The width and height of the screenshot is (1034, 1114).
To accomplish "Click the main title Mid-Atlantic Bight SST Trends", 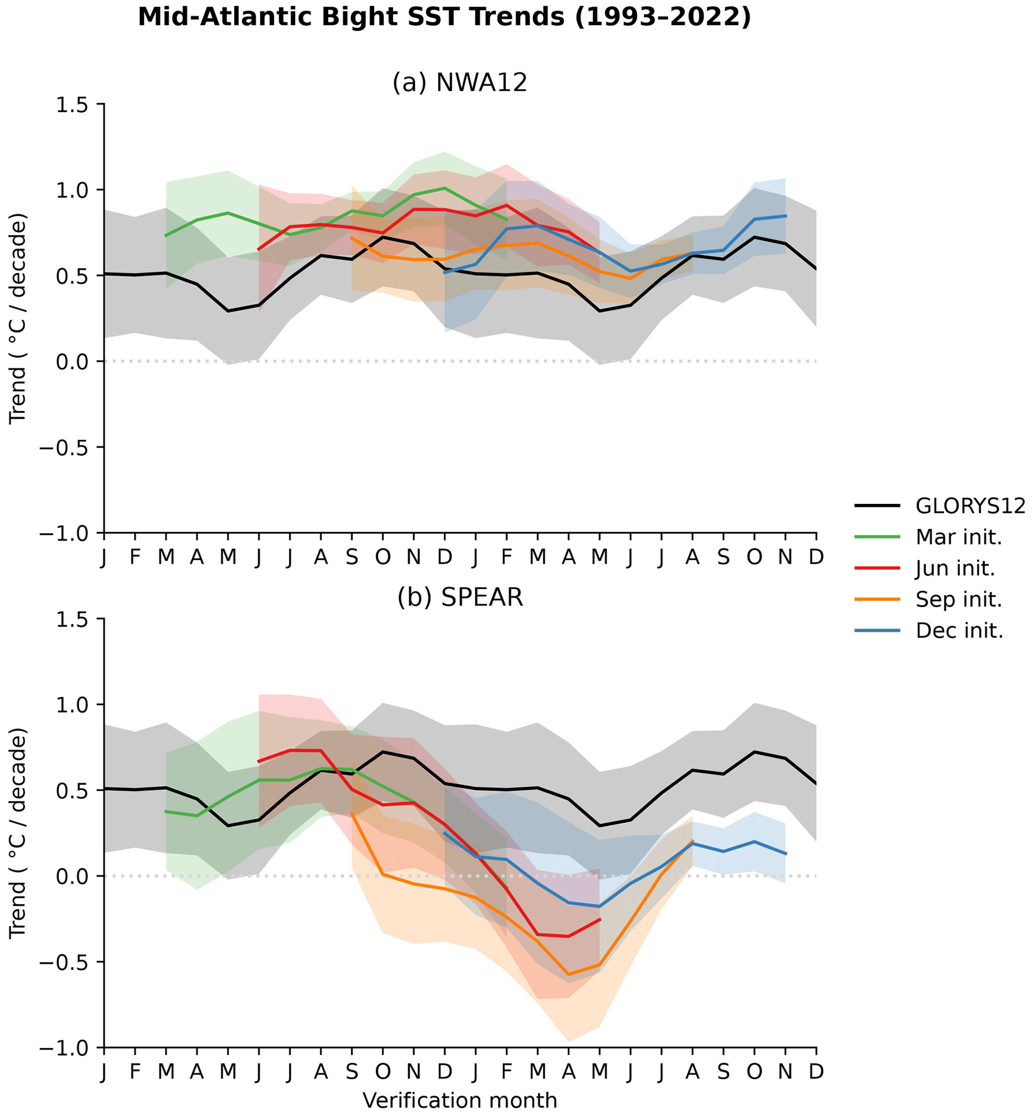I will click(x=444, y=18).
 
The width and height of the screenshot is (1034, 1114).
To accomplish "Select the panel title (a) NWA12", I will click(x=459, y=83).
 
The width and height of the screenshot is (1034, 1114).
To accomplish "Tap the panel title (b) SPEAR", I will click(x=459, y=598).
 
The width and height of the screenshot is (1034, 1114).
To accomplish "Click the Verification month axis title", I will click(x=459, y=1100).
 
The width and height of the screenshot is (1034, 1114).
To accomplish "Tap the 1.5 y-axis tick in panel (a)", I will click(x=72, y=105).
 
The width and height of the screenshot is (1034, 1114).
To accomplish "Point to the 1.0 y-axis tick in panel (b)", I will click(x=72, y=705).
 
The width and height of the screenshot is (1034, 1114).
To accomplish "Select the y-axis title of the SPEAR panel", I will click(x=19, y=833).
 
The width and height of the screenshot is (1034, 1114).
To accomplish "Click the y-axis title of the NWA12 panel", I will click(x=19, y=318).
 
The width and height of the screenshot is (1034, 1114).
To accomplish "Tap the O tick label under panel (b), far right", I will click(x=754, y=1072).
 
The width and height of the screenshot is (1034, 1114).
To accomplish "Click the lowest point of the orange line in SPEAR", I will click(x=568, y=974).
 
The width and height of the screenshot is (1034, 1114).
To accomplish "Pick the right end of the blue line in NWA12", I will click(x=785, y=216).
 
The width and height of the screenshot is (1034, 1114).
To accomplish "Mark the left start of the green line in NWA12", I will click(x=166, y=236).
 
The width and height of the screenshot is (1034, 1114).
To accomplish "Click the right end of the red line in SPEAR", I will click(x=600, y=919).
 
